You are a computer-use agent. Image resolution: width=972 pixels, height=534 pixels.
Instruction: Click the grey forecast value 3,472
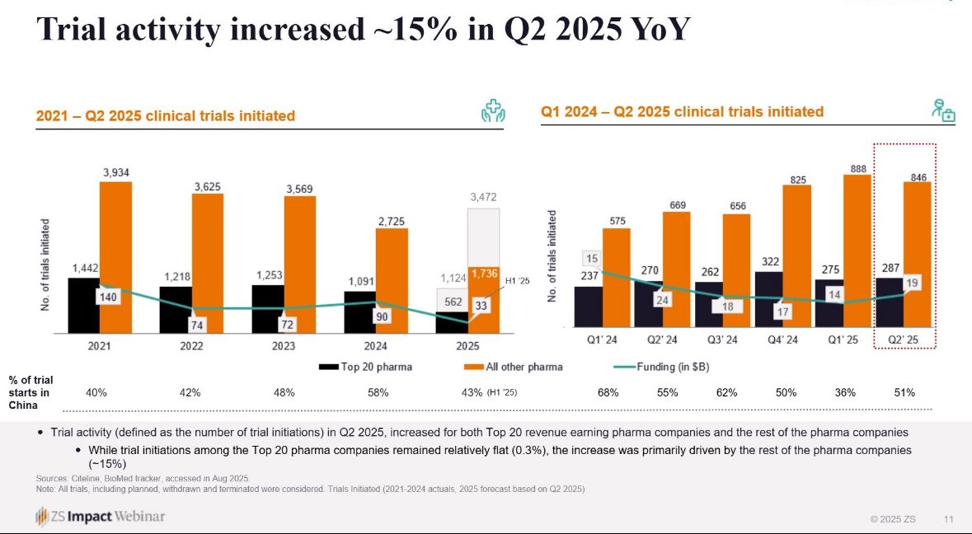click(x=484, y=198)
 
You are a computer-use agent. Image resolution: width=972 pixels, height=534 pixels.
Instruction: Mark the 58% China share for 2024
click(x=378, y=392)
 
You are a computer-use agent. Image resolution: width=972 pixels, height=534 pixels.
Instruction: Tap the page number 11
click(x=949, y=519)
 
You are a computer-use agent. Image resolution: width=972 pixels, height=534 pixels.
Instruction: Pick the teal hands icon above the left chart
click(x=493, y=114)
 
